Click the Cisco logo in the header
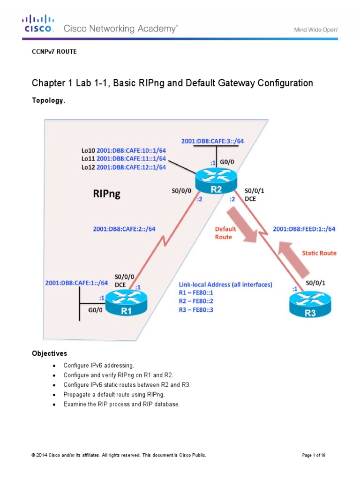coord(39,23)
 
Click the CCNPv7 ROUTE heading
coord(54,52)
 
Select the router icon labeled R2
coord(217,181)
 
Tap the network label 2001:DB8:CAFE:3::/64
coord(212,141)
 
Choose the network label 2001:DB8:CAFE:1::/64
coord(76,283)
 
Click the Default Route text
coord(225,233)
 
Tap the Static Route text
coord(319,253)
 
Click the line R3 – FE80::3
coord(196,310)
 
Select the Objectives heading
coord(49,353)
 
